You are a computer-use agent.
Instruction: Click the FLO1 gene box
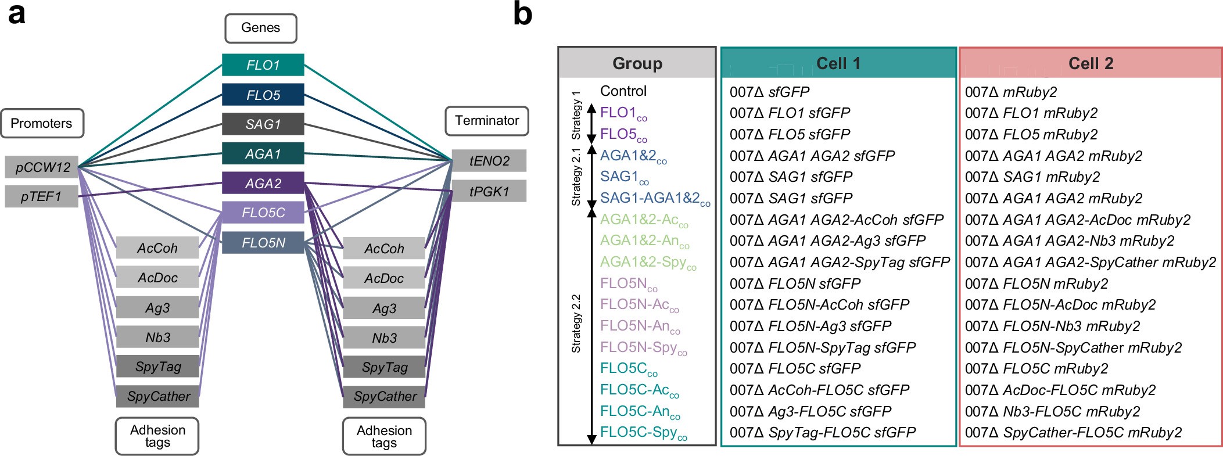click(x=263, y=65)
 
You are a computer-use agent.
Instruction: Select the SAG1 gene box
click(x=263, y=124)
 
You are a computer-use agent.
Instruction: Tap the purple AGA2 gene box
click(x=263, y=184)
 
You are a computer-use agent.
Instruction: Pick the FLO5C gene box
click(x=263, y=213)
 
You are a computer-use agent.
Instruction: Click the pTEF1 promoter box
click(x=41, y=196)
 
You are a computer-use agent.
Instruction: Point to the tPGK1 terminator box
click(x=489, y=191)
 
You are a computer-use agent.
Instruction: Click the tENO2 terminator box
click(x=489, y=161)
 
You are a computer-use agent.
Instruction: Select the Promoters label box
click(x=42, y=123)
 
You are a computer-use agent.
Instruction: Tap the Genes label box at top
click(x=260, y=28)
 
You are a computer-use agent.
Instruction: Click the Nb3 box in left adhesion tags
click(x=157, y=337)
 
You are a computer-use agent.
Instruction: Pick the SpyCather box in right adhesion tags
click(x=385, y=397)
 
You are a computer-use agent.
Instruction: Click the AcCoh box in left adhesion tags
click(x=157, y=248)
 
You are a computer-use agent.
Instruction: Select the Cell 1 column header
click(x=838, y=63)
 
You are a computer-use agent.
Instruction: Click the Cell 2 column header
click(x=1091, y=63)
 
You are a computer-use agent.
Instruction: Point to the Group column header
click(x=637, y=63)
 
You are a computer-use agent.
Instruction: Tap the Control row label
click(x=623, y=91)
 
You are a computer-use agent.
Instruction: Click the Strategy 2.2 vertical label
click(x=576, y=324)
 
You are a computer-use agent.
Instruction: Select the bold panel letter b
click(x=522, y=14)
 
